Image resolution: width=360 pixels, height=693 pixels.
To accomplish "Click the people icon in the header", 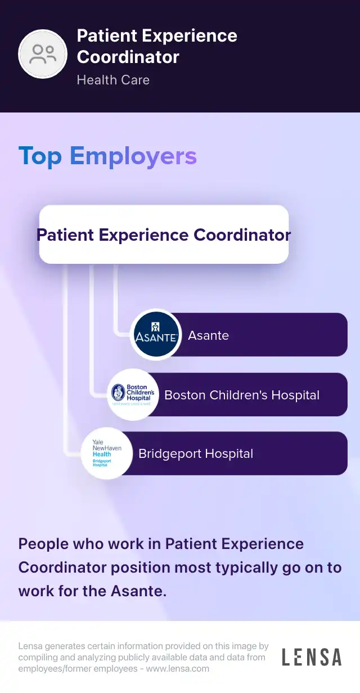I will click(43, 54).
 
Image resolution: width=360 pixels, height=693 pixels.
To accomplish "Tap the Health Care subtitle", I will click(113, 80).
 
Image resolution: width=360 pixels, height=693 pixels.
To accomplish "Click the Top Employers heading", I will click(107, 156).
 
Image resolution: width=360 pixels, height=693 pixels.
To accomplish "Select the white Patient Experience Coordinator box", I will click(164, 235).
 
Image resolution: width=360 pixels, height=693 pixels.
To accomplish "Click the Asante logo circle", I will click(156, 335).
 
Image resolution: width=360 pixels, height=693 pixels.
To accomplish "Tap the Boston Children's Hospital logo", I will click(133, 394).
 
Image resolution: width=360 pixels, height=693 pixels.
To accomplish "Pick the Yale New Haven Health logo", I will click(107, 454).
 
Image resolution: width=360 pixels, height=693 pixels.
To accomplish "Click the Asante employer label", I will click(208, 335).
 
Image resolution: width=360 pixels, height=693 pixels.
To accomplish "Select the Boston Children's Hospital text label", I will click(242, 395).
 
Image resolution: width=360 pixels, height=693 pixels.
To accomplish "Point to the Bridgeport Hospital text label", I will click(196, 454).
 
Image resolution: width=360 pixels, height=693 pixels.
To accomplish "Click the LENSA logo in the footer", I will click(312, 657).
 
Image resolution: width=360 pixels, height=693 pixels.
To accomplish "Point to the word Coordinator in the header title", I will click(128, 57).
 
